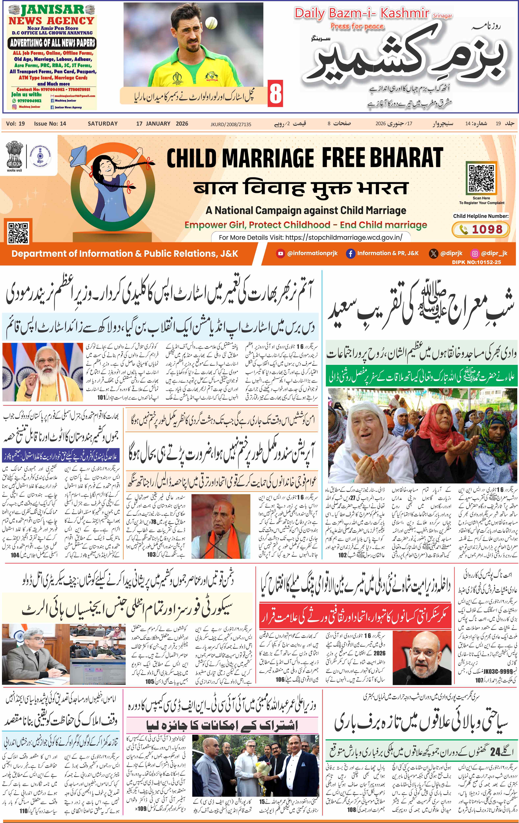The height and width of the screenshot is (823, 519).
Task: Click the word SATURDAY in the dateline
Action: (102, 124)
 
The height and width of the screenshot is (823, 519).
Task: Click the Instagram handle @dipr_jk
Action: (494, 253)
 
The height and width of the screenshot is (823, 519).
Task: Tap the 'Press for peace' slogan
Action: (357, 27)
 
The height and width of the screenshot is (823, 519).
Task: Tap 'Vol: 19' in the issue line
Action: (15, 124)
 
